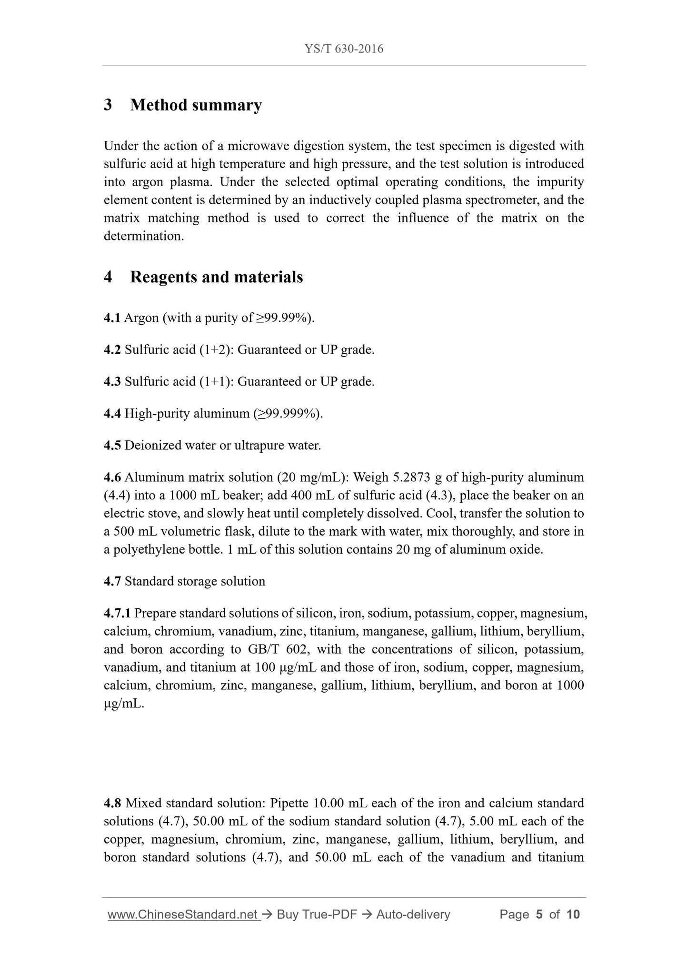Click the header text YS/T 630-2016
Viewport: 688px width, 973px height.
344,49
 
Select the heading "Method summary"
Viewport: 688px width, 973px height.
196,105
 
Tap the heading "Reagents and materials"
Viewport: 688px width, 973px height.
216,277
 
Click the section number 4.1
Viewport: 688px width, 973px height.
112,318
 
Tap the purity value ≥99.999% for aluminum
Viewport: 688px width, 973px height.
287,414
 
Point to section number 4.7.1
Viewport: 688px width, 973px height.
117,614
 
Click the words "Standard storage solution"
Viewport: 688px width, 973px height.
195,582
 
